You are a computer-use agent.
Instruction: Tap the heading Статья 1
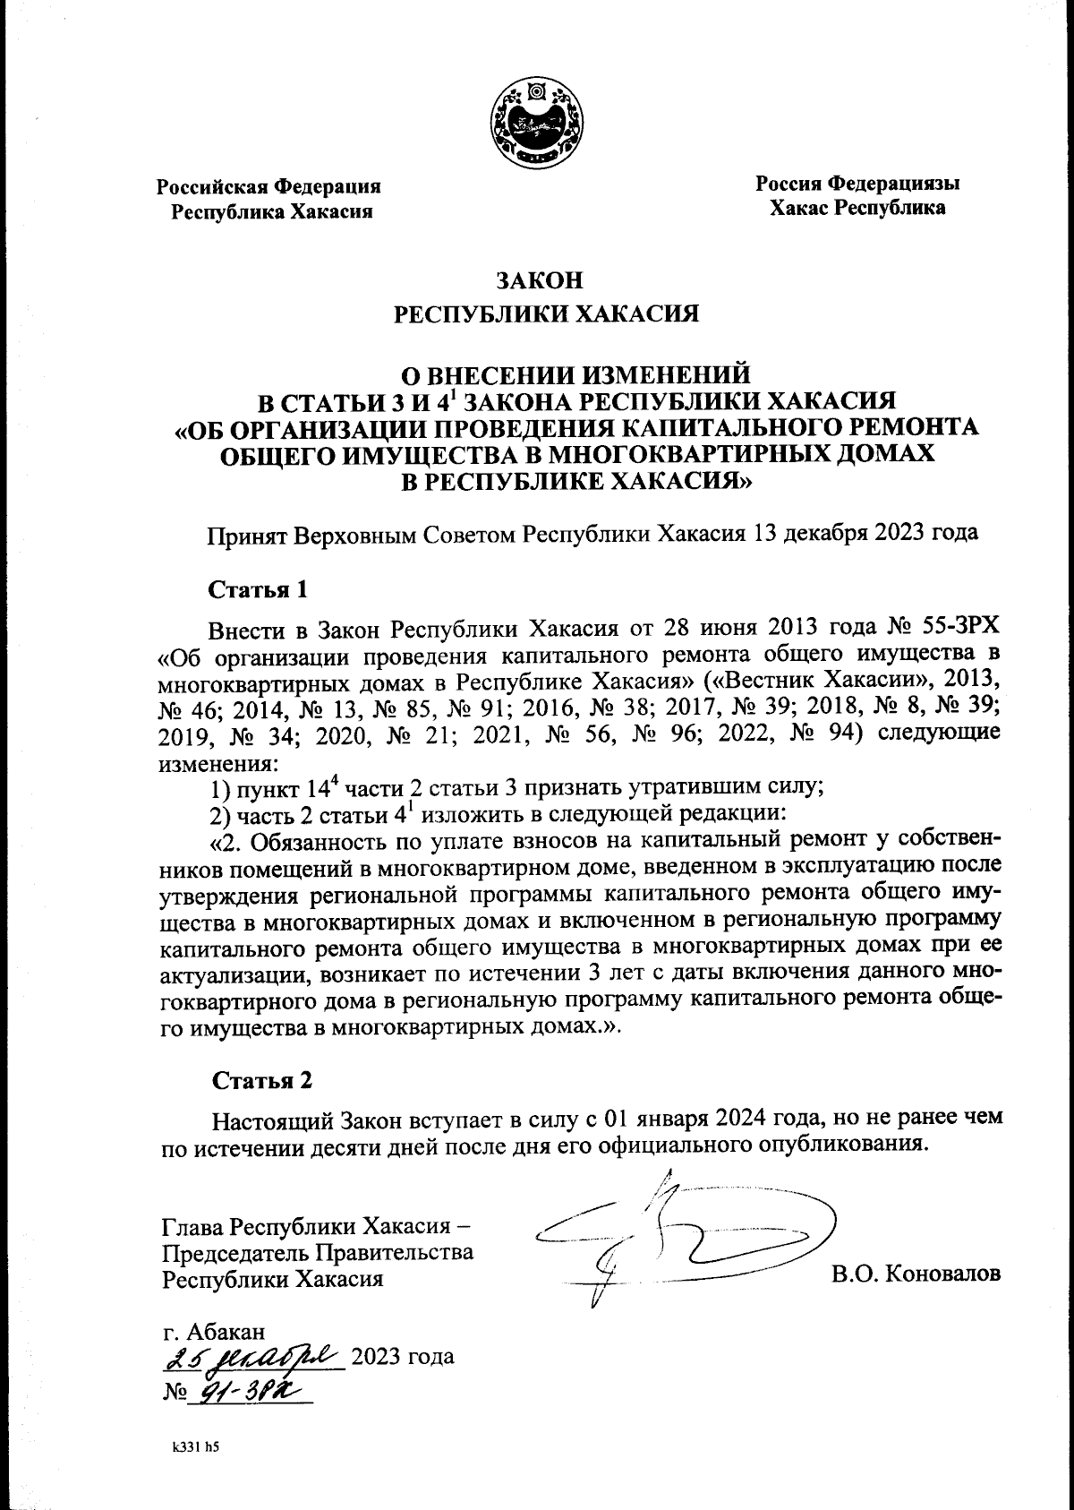[x=260, y=590]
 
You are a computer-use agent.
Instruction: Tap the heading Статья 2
[x=261, y=1080]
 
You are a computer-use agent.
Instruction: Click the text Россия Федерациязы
[x=857, y=184]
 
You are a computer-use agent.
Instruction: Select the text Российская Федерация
[x=269, y=187]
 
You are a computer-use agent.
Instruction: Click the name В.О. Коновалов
[x=916, y=1274]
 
